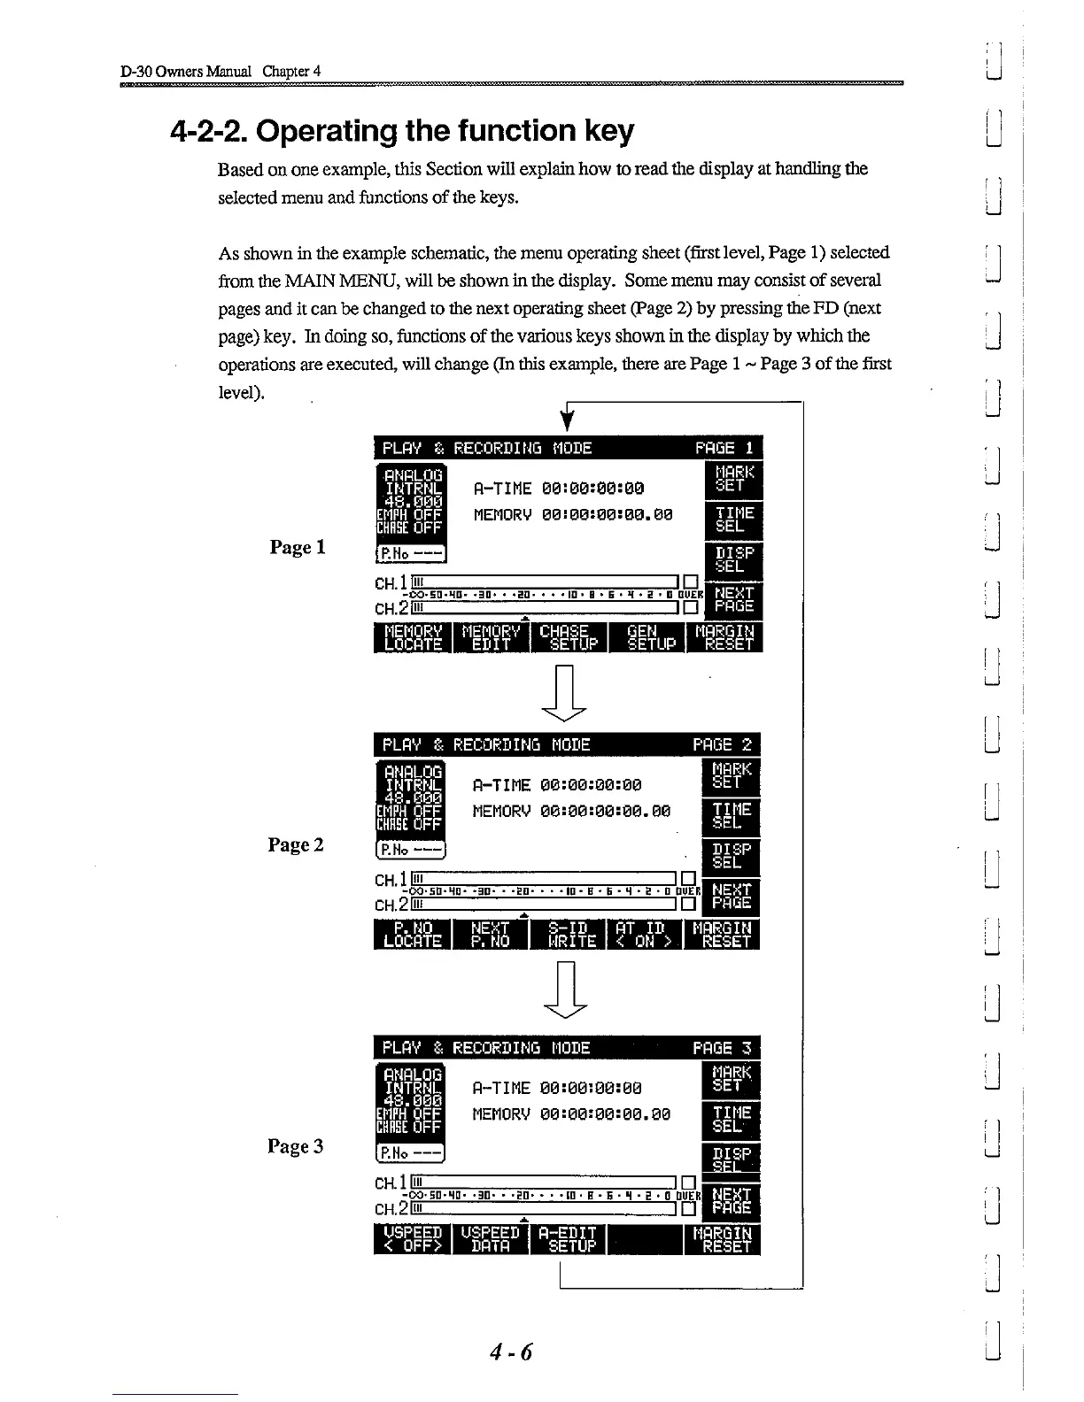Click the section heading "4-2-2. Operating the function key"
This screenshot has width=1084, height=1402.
click(x=401, y=131)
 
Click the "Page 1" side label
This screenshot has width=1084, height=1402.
click(x=298, y=547)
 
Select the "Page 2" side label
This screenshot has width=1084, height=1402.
click(x=296, y=844)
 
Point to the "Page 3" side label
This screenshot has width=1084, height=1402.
click(x=296, y=1146)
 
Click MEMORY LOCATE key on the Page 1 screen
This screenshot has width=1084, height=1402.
click(x=413, y=637)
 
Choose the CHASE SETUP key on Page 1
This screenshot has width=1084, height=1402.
click(x=569, y=637)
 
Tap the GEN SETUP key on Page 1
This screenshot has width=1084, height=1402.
click(x=645, y=637)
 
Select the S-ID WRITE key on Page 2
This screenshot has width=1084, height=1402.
click(x=568, y=934)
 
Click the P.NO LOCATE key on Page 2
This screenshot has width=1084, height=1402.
click(x=413, y=934)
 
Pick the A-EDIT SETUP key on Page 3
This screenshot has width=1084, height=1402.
click(x=568, y=1239)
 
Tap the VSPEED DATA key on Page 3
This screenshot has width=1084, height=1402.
click(x=490, y=1239)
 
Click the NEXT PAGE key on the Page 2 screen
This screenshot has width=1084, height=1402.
click(x=732, y=896)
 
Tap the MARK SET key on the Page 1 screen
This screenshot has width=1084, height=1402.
click(x=732, y=478)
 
